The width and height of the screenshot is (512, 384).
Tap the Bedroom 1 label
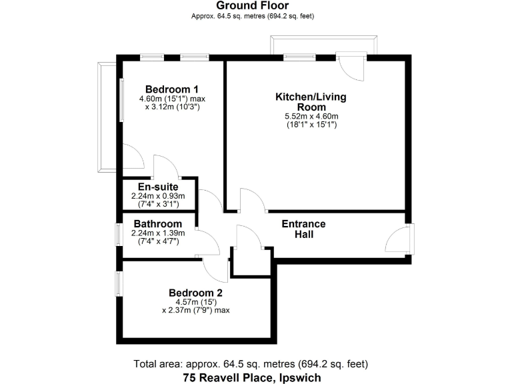[172, 89]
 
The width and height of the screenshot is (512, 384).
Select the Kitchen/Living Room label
[311, 102]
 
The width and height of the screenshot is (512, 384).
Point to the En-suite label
[158, 187]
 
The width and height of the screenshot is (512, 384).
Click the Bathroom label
[158, 223]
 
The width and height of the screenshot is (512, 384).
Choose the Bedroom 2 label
[195, 293]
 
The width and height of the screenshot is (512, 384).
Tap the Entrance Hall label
[303, 229]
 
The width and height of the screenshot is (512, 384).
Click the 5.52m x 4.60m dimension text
[311, 117]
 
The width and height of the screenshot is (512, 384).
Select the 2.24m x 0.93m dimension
[158, 196]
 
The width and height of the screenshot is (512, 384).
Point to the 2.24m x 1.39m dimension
[158, 233]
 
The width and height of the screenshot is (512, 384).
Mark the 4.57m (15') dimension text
[195, 301]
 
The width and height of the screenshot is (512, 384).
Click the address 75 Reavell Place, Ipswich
[252, 377]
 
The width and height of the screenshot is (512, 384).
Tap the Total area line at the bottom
[251, 364]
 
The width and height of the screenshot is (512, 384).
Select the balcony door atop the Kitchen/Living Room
[351, 66]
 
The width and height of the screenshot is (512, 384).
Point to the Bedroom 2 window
[119, 283]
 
